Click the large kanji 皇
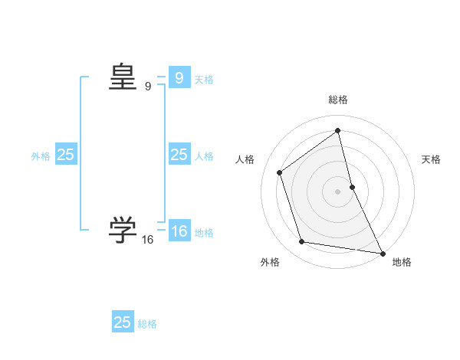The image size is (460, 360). pos(123,77)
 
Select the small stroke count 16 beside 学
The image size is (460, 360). pos(148,240)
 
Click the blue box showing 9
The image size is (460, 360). pos(179,78)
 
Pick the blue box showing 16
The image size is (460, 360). pos(179,231)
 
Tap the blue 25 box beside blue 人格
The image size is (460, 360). pos(179,155)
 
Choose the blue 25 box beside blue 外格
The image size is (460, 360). pos(66,155)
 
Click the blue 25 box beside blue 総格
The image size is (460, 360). pos(123,322)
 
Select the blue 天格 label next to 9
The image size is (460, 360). pos(204,80)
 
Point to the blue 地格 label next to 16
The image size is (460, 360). pos(204,233)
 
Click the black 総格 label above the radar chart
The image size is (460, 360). pos(338,100)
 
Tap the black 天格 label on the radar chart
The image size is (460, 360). pos(432,159)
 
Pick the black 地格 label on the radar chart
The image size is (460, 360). pos(402,262)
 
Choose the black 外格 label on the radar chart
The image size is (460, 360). pos(270,262)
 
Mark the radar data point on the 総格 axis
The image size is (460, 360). pos(338,130)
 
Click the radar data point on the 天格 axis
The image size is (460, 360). pos(352,187)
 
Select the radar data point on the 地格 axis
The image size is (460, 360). pos(383,253)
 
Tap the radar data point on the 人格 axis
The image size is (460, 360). pos(280,172)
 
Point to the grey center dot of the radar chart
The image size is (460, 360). pos(338,191)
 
